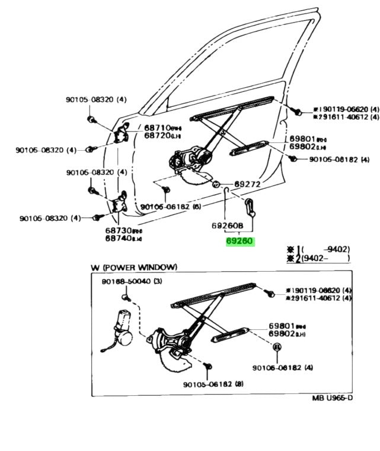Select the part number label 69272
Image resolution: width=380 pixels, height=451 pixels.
248,184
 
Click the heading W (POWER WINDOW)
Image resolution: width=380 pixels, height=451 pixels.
133,268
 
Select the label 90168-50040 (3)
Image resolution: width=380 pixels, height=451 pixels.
131,282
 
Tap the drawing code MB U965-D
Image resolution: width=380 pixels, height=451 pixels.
332,398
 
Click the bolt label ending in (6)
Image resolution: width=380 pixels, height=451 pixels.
171,207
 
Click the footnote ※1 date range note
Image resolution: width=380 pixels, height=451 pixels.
318,250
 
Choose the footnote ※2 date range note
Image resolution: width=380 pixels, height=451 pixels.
318,259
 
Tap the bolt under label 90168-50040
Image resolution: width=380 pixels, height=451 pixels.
126,295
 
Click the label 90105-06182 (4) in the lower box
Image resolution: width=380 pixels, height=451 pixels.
282,368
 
